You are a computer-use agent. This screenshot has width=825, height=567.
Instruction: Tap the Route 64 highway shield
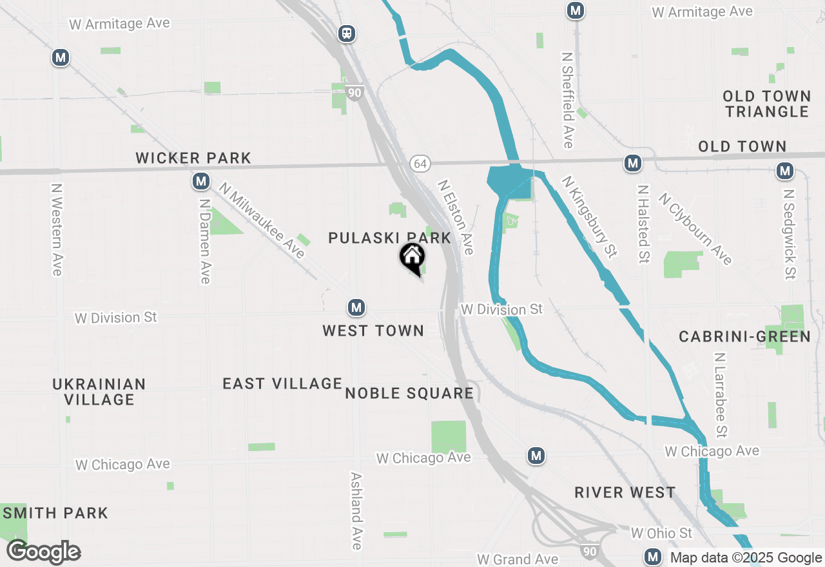[420, 164]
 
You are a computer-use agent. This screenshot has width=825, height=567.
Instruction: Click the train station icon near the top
[347, 33]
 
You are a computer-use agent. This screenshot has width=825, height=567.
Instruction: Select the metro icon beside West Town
[356, 308]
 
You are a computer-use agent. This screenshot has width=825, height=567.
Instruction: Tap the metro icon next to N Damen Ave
[201, 182]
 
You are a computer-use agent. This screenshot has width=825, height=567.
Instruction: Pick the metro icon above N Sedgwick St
[784, 171]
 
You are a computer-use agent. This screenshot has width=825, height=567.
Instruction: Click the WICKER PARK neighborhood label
[193, 158]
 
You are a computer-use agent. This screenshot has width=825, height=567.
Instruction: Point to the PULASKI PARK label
[390, 238]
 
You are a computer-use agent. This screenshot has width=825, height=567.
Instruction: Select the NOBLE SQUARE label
[409, 393]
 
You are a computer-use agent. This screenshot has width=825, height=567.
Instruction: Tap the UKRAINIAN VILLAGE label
[99, 392]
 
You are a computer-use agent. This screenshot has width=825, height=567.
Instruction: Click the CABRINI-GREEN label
[744, 336]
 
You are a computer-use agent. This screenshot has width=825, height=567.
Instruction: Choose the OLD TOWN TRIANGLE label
[766, 104]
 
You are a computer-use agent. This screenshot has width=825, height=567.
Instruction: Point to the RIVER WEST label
[625, 493]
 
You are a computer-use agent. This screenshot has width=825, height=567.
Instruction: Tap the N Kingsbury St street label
[586, 217]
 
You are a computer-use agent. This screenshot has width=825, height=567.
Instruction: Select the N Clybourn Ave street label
[695, 229]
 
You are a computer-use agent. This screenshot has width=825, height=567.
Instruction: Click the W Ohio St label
[661, 533]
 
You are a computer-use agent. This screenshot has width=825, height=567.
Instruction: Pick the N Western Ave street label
[57, 230]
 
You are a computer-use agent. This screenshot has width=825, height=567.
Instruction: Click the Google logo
[43, 552]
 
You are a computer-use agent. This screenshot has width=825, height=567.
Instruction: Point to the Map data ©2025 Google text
[746, 558]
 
